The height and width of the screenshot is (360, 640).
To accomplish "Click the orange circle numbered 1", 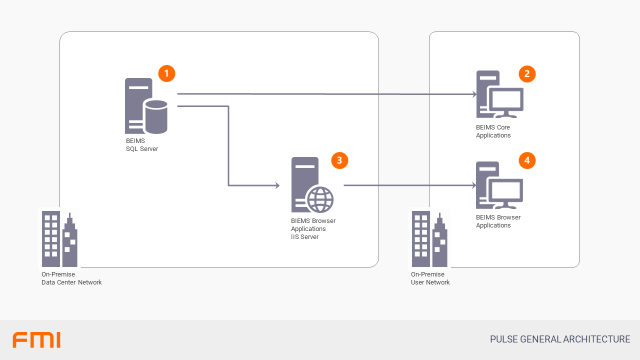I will coord(166,73).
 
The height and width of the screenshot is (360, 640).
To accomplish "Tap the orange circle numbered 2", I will coord(527,74).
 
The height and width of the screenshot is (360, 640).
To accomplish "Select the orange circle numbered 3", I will coord(339,160).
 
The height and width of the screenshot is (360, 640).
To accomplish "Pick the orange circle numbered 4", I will coord(527,160).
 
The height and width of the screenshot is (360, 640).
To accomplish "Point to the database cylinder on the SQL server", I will coord(155,117).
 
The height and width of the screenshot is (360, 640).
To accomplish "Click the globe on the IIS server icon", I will coord(320,199).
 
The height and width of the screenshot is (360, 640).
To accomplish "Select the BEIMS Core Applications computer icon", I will coord(499,94).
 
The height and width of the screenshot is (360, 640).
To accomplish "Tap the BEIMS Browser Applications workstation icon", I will coord(499,185).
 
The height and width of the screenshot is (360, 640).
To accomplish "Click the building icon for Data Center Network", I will coord(59,238).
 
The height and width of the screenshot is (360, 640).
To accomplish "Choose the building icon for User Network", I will coord(429,238).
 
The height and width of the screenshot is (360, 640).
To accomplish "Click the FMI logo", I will coord(36,339).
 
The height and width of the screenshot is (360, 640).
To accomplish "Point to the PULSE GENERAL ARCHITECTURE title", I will coord(560,339).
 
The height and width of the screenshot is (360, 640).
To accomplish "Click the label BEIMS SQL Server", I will coord(142,145).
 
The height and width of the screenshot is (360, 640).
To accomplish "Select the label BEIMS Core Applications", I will coord(493,131).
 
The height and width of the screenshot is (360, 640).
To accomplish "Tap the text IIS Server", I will coord(304,237).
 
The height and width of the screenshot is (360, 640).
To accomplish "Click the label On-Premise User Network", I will coord(430,278).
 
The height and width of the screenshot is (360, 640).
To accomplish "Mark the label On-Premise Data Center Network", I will coord(71,278).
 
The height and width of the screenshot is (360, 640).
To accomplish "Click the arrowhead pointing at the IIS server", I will coord(276,185).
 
